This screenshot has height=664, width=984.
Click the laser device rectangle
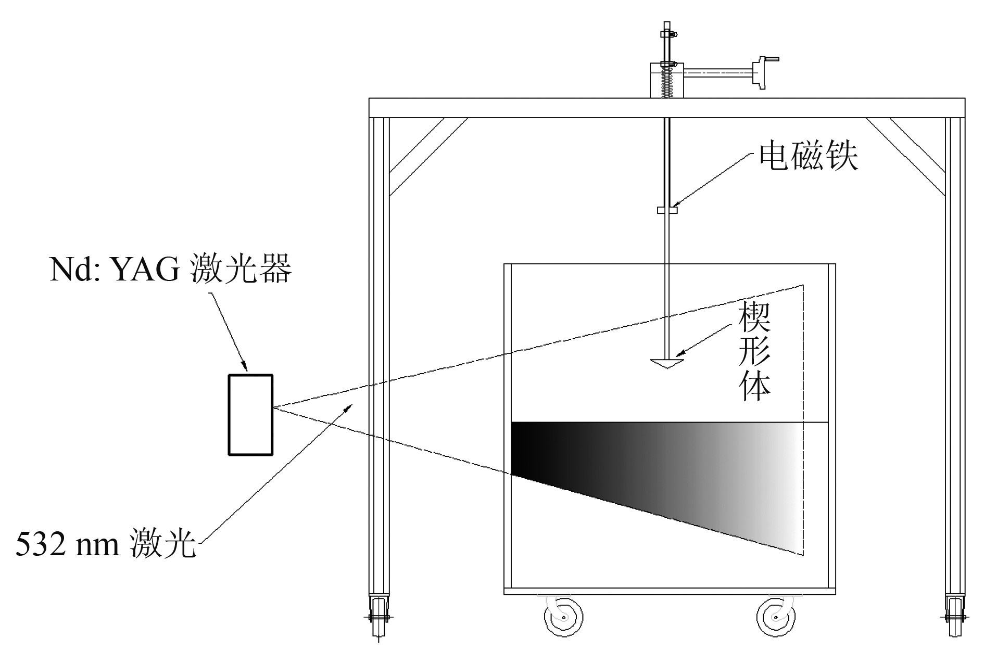[250, 415]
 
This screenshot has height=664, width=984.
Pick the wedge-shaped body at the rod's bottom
[667, 363]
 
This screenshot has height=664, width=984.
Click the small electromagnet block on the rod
[667, 210]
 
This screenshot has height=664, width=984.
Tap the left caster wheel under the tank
[564, 617]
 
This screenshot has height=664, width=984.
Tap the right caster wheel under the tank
[776, 617]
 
